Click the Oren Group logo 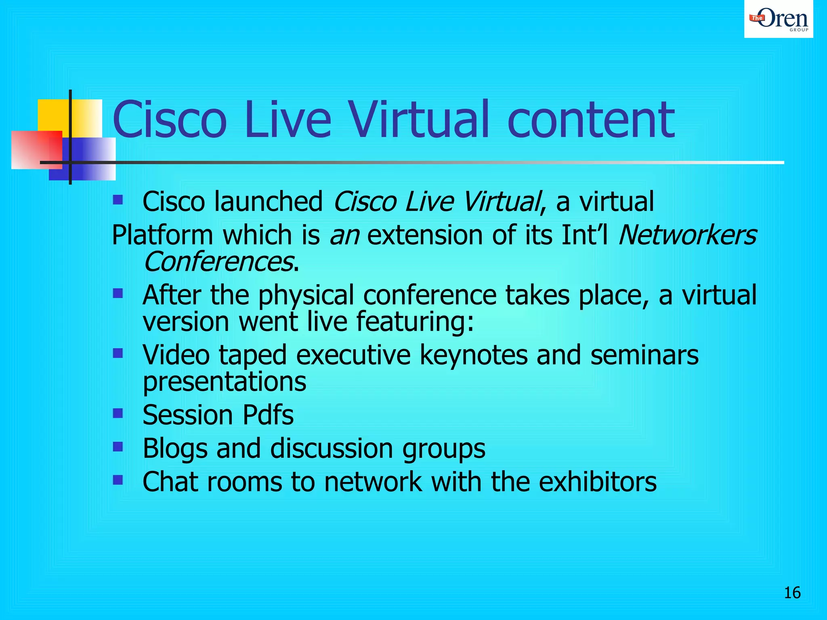778,19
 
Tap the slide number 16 792,593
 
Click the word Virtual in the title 418,120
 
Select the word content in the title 590,120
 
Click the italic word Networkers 687,235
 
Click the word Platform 162,235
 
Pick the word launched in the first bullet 268,202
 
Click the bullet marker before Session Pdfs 118,413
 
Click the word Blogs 175,449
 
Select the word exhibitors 597,482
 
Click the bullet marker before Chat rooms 118,480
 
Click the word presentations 225,382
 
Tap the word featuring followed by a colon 414,322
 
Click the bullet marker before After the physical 118,293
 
